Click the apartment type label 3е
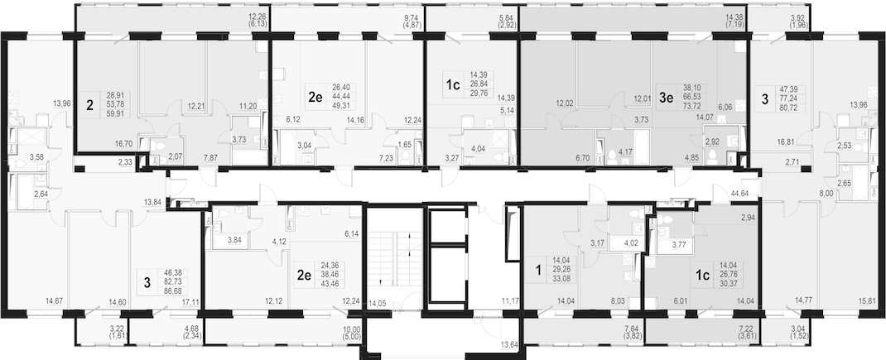click(x=667, y=97)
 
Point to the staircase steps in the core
click(x=394, y=258)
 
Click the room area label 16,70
click(x=123, y=144)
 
